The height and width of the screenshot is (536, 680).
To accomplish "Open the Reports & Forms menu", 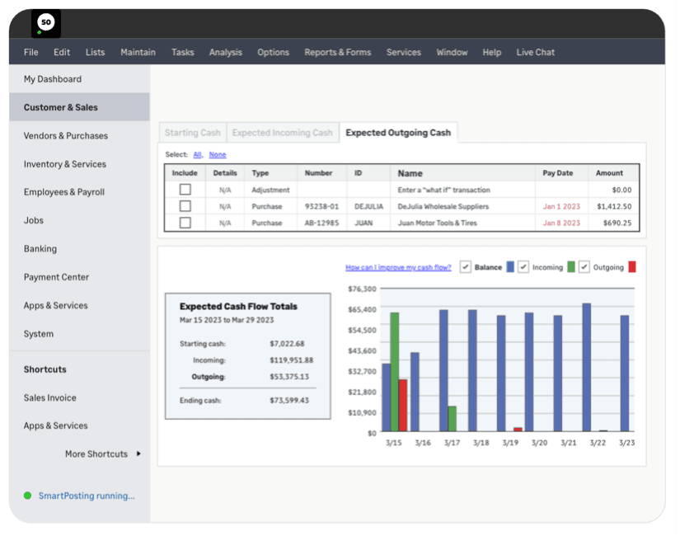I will (337, 52).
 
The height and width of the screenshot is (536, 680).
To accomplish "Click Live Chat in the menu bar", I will (535, 52).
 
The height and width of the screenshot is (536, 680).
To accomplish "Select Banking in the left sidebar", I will (40, 249).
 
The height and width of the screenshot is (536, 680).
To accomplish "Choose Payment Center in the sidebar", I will (56, 277).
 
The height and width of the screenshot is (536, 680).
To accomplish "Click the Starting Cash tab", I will (192, 133).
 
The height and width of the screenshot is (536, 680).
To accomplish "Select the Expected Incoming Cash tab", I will (282, 133).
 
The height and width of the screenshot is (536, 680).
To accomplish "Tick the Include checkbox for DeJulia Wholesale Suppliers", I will (185, 206).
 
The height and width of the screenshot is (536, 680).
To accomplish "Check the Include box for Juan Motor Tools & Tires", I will (185, 223).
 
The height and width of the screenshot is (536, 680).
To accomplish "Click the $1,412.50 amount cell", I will (614, 206).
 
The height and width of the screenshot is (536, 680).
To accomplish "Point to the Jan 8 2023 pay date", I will (560, 223).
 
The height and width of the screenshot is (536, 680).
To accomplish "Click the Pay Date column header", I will (557, 173).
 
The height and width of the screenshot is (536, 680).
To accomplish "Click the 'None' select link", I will (218, 155).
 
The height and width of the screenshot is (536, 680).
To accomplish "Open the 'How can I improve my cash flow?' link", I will (398, 267).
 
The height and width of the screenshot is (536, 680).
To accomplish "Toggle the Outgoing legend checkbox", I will (584, 267).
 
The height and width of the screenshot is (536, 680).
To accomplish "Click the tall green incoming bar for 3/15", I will (395, 371).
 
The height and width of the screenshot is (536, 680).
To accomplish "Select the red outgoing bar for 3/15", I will (403, 405).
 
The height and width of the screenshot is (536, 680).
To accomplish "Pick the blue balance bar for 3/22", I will (586, 367).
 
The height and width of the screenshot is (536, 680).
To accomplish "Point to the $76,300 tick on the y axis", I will (363, 289).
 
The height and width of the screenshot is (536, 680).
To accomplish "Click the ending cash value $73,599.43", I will (288, 401).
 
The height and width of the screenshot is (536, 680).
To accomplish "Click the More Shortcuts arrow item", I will (103, 454).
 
